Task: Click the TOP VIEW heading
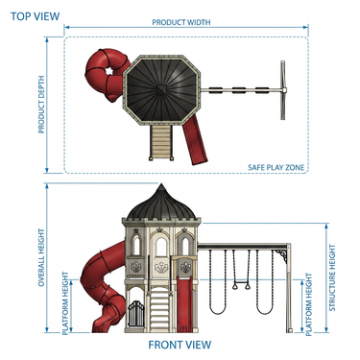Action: (36, 16)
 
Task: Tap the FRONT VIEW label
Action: (180, 345)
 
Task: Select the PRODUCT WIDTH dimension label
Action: (181, 22)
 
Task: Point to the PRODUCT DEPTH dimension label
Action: (41, 105)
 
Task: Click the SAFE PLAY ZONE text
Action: (276, 167)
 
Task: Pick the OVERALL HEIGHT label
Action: (41, 257)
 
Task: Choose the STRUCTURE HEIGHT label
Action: (332, 277)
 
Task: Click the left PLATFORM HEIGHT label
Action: (65, 303)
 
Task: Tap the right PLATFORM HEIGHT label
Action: (309, 304)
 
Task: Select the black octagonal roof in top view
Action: (162, 89)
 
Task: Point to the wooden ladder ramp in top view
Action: (161, 143)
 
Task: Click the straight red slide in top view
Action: (195, 141)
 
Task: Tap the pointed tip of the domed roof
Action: (161, 184)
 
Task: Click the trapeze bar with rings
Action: (242, 284)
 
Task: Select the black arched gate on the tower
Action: (136, 314)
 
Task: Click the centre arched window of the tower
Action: (161, 247)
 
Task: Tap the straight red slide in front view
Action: (183, 305)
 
